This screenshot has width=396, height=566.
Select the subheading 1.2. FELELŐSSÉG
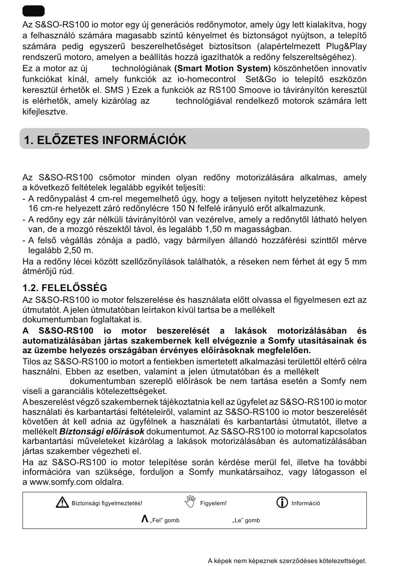(65, 288)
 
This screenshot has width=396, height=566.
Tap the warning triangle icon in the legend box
(62, 502)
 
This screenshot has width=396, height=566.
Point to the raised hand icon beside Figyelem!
(190, 502)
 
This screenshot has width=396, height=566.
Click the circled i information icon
(282, 502)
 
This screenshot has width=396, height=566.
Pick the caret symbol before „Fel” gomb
(145, 519)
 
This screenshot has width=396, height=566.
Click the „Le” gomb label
(246, 520)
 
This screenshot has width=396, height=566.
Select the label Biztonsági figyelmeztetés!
(107, 503)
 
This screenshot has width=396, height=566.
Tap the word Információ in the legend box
(306, 503)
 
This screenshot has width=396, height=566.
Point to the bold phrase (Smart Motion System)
(222, 68)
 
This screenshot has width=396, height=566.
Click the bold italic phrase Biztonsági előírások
(102, 431)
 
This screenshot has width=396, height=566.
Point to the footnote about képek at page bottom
(287, 561)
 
